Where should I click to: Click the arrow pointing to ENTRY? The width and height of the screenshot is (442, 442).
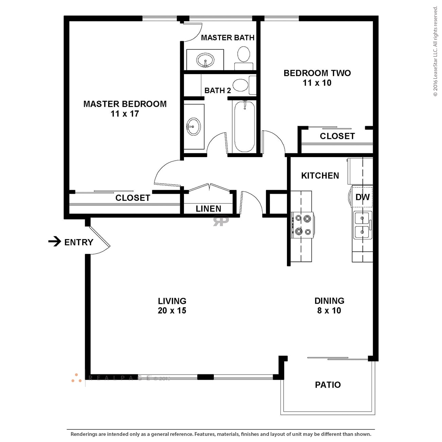54,242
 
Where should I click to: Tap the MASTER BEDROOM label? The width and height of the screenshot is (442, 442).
125,104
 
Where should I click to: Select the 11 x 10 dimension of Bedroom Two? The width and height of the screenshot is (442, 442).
317,83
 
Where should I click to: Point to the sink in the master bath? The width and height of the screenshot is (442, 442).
205,61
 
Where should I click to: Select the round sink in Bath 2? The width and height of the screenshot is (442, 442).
193,126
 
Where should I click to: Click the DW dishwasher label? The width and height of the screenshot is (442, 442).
362,197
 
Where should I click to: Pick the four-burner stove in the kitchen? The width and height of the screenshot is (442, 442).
303,225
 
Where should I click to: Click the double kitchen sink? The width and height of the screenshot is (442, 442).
363,225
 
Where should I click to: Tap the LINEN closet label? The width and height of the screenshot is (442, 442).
208,209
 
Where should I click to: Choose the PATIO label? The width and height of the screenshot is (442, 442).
328,385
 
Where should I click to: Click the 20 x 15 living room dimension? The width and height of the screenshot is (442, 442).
172,311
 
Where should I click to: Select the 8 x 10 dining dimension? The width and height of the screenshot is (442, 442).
329,311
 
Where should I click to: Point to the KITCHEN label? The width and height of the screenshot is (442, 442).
320,176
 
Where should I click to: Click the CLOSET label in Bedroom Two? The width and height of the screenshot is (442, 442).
337,136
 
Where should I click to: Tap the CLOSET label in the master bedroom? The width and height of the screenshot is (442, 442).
133,198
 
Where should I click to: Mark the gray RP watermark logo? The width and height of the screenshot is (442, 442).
221,221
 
